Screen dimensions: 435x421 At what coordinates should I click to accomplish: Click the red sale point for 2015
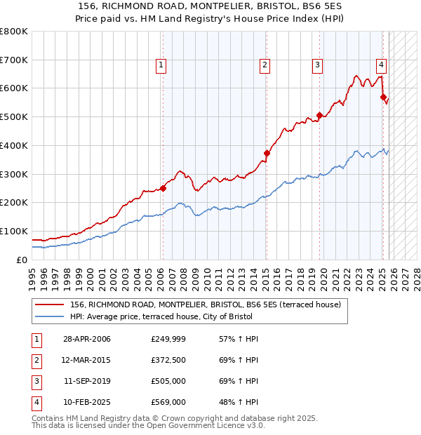[x=267, y=153]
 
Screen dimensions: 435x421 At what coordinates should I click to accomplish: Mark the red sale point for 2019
[x=319, y=115]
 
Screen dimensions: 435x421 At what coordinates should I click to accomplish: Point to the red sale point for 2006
[x=163, y=188]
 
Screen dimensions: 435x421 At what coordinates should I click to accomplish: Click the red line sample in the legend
[x=51, y=304]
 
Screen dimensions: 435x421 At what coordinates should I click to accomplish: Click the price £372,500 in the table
[x=168, y=360]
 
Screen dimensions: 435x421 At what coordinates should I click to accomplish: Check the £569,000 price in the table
[x=168, y=402]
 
